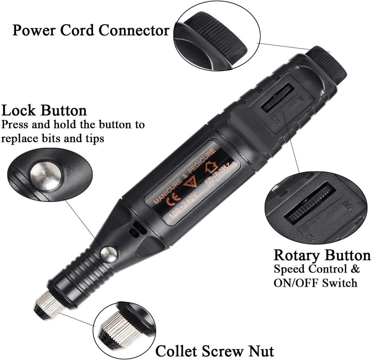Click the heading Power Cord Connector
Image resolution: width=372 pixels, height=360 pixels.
click(91, 30)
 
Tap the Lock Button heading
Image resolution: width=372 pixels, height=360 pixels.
click(44, 111)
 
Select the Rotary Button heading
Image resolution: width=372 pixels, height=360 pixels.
click(322, 255)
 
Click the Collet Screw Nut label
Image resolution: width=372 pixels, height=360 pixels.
click(215, 350)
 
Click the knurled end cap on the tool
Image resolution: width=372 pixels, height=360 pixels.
click(324, 63)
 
